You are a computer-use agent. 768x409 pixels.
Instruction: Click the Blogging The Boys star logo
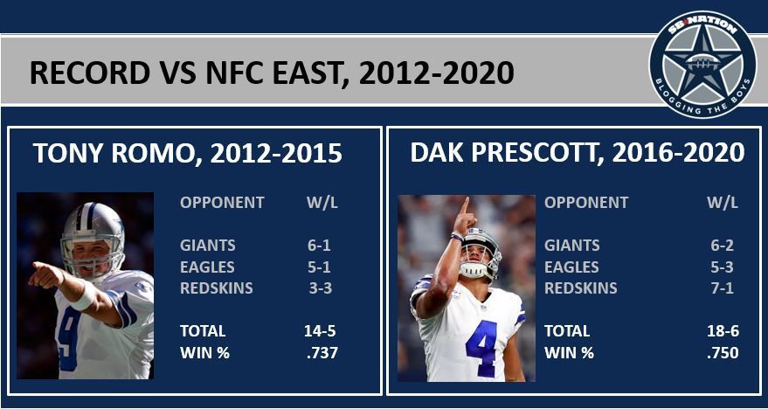point(702,65)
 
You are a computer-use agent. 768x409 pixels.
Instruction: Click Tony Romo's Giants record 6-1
point(320,246)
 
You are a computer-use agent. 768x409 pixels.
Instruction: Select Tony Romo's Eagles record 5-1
point(320,267)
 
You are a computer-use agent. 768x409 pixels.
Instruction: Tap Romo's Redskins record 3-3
point(320,288)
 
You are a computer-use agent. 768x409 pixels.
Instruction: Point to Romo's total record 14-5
point(320,331)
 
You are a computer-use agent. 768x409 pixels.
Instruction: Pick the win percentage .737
point(322,353)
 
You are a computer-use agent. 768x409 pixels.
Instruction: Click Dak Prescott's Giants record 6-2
point(722,246)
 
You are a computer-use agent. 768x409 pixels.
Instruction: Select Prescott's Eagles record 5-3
point(722,267)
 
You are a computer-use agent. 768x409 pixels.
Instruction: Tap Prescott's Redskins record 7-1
point(722,288)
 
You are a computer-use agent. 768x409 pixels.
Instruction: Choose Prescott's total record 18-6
point(723,331)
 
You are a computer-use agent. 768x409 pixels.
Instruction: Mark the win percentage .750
point(723,353)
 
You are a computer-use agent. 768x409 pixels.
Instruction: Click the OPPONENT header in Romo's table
point(222,202)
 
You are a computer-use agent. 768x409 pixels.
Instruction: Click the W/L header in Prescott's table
point(722,202)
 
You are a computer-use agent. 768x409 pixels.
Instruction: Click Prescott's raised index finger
point(464,205)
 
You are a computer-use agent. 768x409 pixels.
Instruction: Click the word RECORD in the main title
point(90,73)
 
